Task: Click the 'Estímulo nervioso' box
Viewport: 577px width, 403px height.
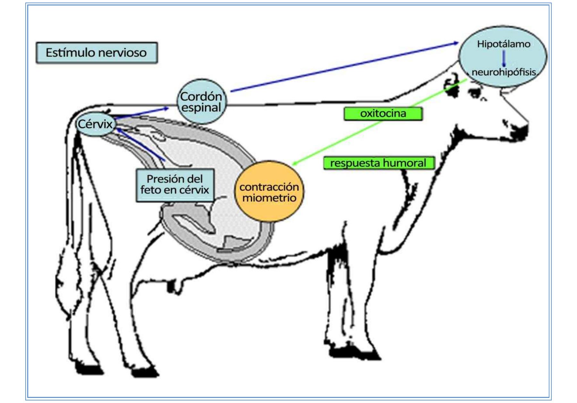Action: [x=96, y=53]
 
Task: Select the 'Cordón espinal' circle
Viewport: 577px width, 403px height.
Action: [x=201, y=102]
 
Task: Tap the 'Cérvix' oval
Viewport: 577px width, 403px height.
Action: [x=95, y=124]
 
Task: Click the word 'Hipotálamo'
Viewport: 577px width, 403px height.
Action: [x=504, y=44]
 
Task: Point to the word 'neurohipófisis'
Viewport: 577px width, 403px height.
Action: [x=504, y=72]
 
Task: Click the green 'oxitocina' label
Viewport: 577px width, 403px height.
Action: [x=383, y=113]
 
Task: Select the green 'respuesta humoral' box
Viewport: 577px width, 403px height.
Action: [x=378, y=163]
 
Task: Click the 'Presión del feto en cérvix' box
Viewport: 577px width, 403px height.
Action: [x=175, y=185]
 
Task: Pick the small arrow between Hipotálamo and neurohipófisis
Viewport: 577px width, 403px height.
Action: [x=504, y=58]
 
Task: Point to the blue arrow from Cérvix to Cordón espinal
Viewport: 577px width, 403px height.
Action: [x=141, y=113]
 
